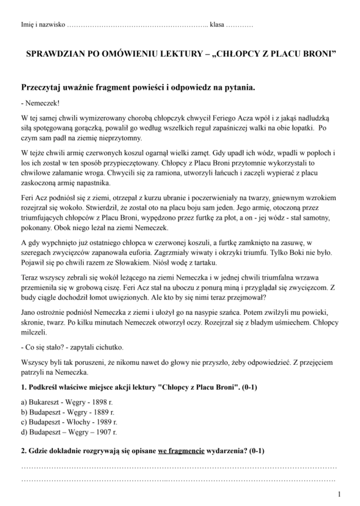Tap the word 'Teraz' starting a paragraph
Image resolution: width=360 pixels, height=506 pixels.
coord(30,277)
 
